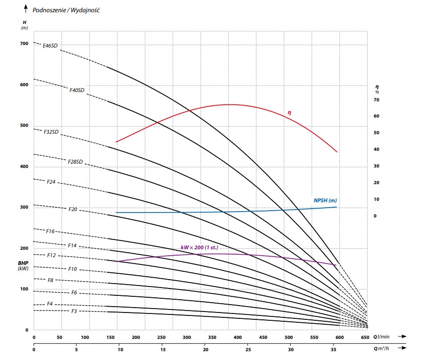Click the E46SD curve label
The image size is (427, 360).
[50, 46]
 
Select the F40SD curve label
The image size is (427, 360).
[77, 90]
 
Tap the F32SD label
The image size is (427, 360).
[51, 132]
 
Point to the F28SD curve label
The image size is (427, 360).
[75, 161]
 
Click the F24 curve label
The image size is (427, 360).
[51, 182]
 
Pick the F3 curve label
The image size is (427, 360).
[74, 311]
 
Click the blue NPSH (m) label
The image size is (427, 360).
[325, 200]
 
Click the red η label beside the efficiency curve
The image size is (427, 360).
[289, 113]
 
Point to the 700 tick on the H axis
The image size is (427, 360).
[24, 44]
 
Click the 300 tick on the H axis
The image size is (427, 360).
[24, 207]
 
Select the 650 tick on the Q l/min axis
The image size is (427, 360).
[364, 337]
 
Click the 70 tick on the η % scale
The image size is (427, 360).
[377, 100]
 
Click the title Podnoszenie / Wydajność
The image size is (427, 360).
[66, 10]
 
